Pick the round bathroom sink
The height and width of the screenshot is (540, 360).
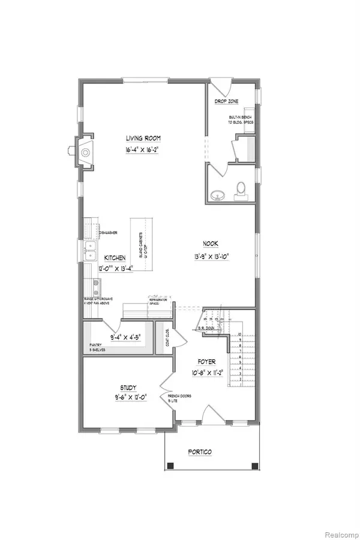pos(217,194)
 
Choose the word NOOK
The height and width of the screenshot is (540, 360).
pos(211,244)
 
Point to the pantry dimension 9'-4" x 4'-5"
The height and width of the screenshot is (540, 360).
pos(121,328)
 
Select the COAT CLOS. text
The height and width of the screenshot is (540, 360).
pos(161,340)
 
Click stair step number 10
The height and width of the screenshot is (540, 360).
pos(240,334)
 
